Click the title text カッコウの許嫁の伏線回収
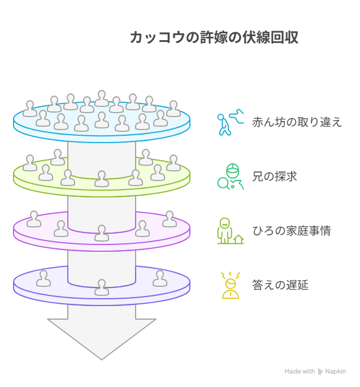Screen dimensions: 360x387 pyautogui.click(x=214, y=37)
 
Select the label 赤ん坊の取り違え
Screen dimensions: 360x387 pyautogui.click(x=297, y=122)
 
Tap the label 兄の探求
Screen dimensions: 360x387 pyautogui.click(x=275, y=177)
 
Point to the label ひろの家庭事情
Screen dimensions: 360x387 pyautogui.click(x=292, y=231)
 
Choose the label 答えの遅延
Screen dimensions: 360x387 pyautogui.click(x=280, y=285)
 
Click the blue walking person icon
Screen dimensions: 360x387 pyautogui.click(x=231, y=122)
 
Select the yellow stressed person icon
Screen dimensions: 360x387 pyautogui.click(x=231, y=285)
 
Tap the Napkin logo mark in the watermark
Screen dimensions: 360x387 pyautogui.click(x=320, y=372)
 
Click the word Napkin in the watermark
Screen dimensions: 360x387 pyautogui.click(x=335, y=372)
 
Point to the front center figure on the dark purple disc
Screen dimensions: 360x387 pyautogui.click(x=102, y=287)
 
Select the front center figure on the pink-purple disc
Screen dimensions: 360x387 pyautogui.click(x=102, y=233)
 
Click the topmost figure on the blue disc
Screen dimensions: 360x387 pyautogui.click(x=102, y=98)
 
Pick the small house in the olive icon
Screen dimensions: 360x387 pyautogui.click(x=238, y=239)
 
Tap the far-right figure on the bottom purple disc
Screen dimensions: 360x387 pyautogui.click(x=160, y=278)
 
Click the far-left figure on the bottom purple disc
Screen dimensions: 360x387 pyautogui.click(x=44, y=278)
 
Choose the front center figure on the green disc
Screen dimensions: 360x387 pyautogui.click(x=102, y=179)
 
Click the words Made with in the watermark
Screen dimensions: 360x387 pyautogui.click(x=300, y=372)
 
